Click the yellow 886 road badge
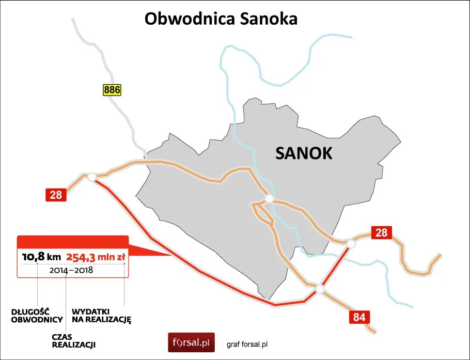point(112,90)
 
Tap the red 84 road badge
point(359,317)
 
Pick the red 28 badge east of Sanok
point(381,232)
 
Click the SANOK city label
point(304,153)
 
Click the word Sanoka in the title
point(268,19)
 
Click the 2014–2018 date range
point(71,270)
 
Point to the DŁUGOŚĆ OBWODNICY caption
point(37,316)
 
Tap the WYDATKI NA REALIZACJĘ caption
point(102,316)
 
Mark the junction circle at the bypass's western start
point(92,177)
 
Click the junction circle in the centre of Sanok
point(269,198)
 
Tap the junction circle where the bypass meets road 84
point(320,289)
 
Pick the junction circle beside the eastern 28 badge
point(351,244)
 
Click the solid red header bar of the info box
point(72,242)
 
